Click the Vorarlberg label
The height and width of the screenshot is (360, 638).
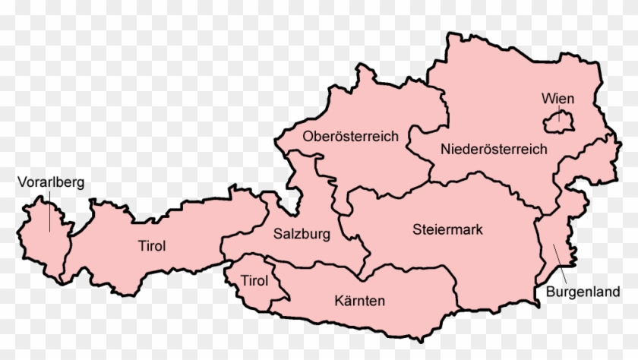(52, 182)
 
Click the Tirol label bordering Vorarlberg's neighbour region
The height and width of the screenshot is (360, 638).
(152, 245)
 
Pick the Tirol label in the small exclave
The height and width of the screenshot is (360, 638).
(254, 281)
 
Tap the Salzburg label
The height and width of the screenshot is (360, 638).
(302, 234)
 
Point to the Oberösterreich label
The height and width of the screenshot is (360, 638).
(350, 137)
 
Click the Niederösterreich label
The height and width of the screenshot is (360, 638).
(494, 150)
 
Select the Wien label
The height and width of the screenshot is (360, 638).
(557, 99)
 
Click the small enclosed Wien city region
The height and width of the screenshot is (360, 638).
(560, 121)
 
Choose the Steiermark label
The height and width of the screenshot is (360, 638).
(447, 229)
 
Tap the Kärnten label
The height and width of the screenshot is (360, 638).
(359, 301)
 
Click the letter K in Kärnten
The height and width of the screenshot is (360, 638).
(338, 301)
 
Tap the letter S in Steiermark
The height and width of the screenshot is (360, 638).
(416, 229)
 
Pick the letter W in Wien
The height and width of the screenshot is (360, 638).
(547, 99)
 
